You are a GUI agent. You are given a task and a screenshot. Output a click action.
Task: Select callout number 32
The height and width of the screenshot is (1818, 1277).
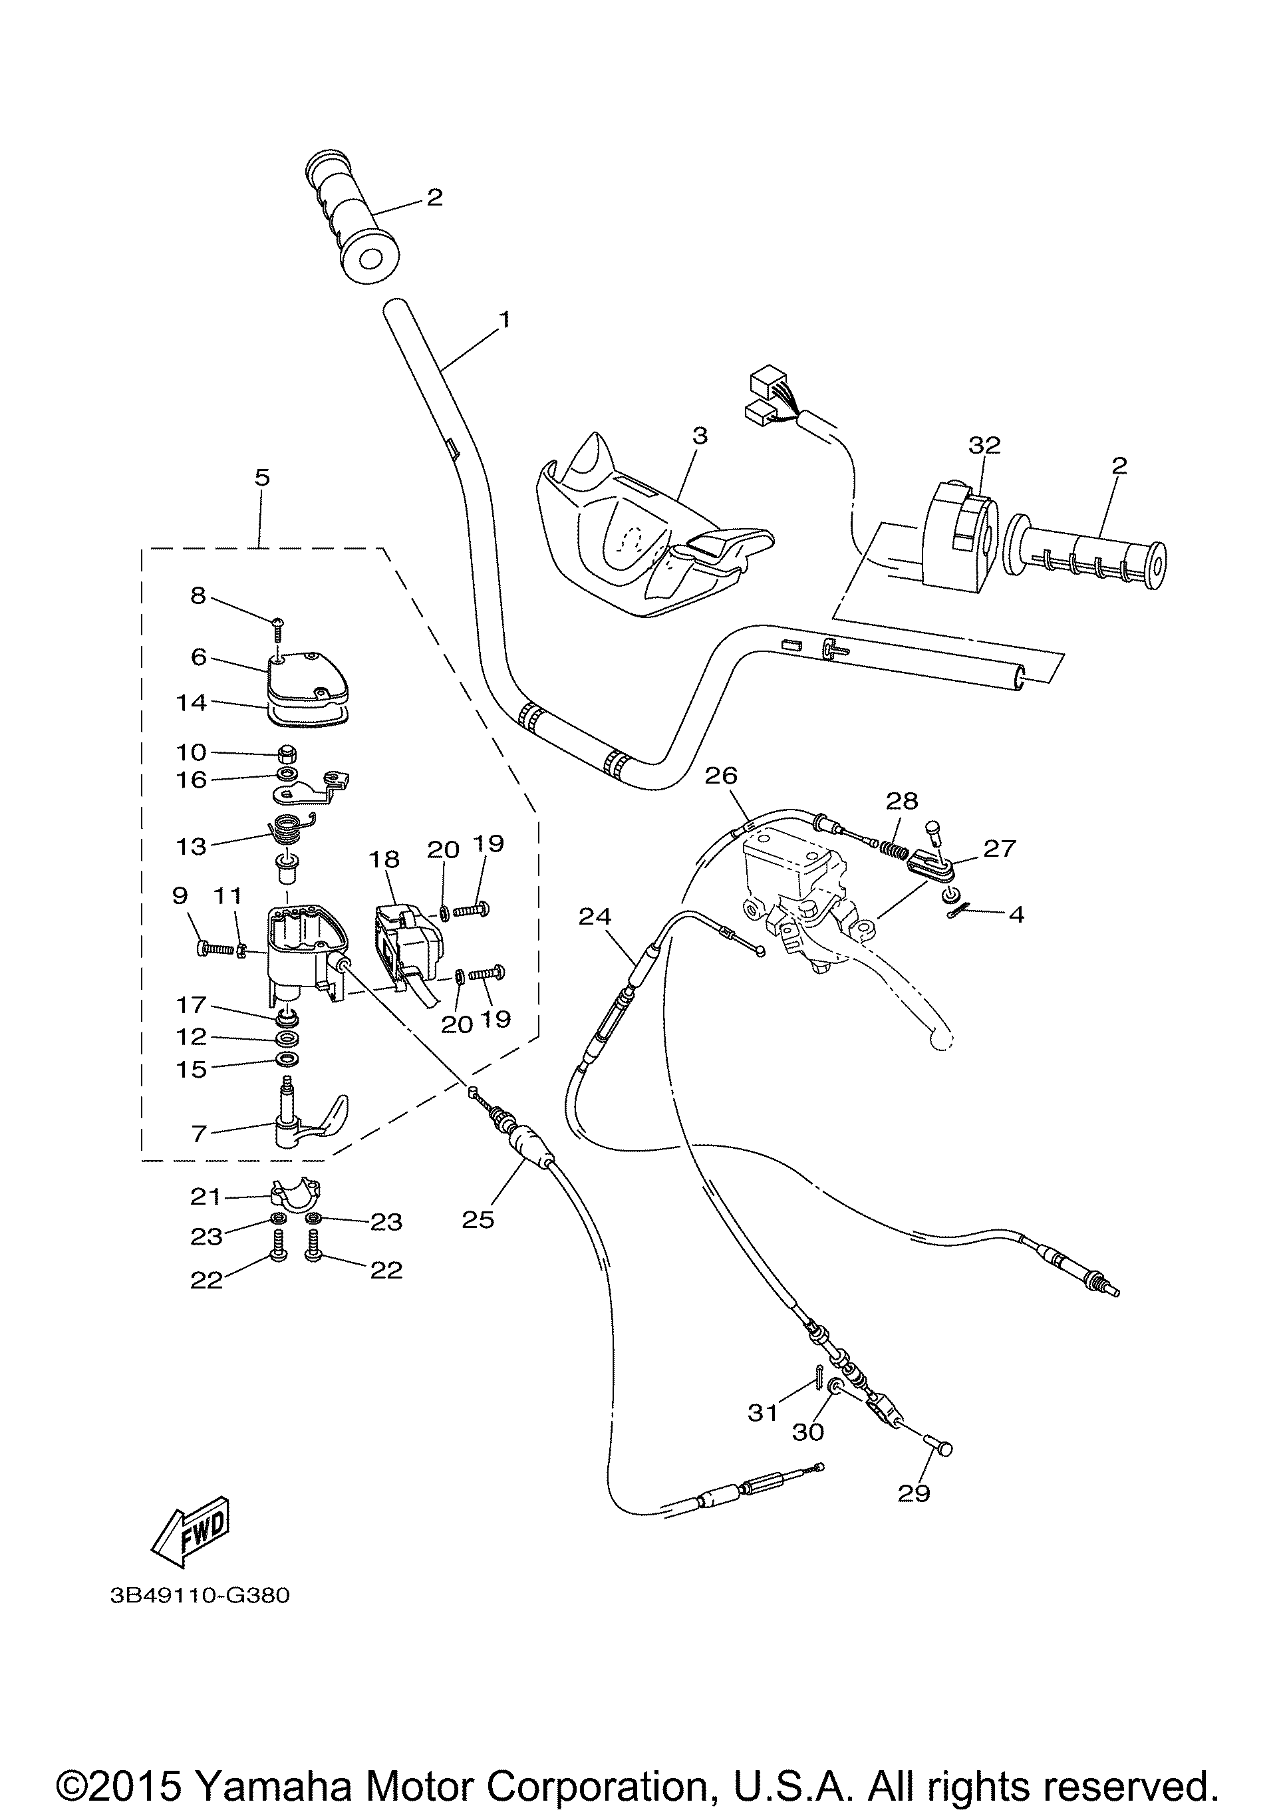pos(984,446)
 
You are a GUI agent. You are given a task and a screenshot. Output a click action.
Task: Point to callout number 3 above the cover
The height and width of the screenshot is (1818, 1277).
pos(700,436)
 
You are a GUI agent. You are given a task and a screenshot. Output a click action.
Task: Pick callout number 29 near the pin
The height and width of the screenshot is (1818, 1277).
pos(914,1493)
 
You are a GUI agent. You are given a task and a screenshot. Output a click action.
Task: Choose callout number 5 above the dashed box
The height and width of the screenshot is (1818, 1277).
pos(262,478)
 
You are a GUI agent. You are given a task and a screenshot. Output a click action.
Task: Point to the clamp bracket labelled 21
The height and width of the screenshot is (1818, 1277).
pos(295,1194)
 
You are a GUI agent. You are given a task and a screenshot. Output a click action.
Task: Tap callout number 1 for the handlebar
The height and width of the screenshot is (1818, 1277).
pos(504,320)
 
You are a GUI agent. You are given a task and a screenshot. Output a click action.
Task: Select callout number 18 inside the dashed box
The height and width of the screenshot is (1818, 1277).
pos(384,859)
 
